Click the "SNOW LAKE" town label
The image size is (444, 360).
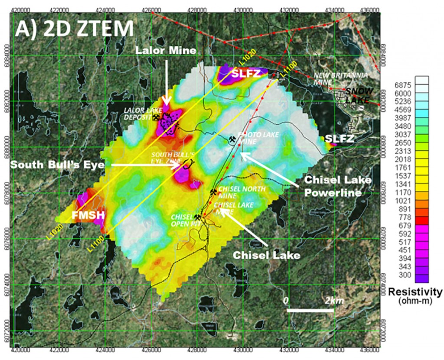click(x=359, y=96)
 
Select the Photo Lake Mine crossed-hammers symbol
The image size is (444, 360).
click(x=233, y=139)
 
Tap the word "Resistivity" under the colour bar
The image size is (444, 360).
click(x=415, y=292)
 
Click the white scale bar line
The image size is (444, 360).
click(x=310, y=310)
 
